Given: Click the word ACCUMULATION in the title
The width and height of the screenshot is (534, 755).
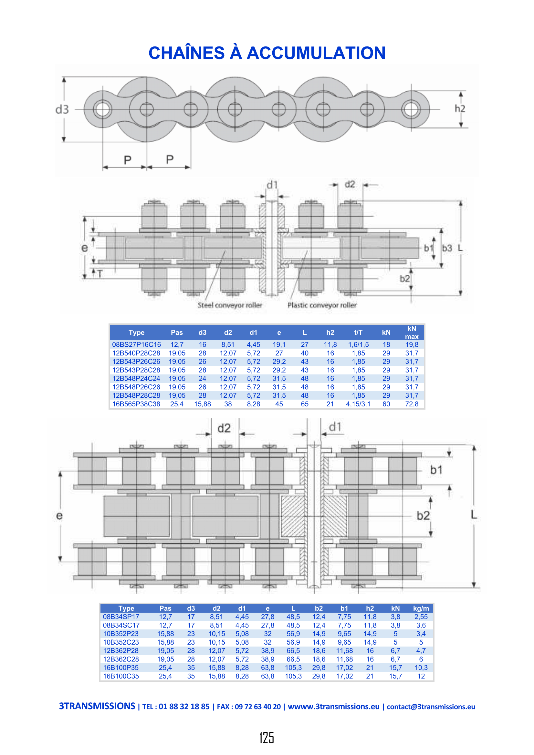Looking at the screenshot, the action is pos(316,53).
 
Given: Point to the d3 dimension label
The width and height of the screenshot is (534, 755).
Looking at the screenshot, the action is pos(62,109).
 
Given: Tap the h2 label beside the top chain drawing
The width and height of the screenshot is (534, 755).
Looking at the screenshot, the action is pos(460,108).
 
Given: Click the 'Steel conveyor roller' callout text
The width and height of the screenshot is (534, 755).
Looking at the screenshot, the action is pos(230,305).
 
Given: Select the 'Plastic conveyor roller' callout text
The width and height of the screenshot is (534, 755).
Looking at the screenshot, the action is pos(322,305).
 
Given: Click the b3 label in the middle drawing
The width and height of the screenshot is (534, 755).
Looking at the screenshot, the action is pos(446,248).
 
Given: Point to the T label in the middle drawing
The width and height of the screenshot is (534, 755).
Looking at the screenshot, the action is pos(100,274).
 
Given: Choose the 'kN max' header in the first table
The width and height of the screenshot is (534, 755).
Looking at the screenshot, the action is pos(412,332).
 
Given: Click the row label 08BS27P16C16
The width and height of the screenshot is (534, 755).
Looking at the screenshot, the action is pos(137,345).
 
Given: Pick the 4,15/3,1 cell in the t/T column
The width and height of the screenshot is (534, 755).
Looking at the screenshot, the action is pos(358,404).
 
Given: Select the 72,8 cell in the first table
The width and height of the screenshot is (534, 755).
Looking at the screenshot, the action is pos(412,404).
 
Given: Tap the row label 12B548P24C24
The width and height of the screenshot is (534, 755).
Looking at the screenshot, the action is pos(136,379).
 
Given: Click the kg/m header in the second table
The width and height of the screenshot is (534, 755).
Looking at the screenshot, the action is pos(421,608).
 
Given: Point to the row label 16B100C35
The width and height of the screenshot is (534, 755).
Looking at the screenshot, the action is pos(121,676).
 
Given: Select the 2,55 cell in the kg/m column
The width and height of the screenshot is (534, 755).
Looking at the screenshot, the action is pos(421,617).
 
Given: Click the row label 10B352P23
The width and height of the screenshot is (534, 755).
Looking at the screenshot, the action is pos(121,634).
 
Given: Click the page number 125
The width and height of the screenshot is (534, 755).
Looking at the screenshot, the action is pos(267,738).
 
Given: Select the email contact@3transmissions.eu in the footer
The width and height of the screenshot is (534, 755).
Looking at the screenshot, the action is pos(431,707).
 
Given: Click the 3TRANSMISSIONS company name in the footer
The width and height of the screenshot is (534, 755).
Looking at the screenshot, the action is pos(97,706).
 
